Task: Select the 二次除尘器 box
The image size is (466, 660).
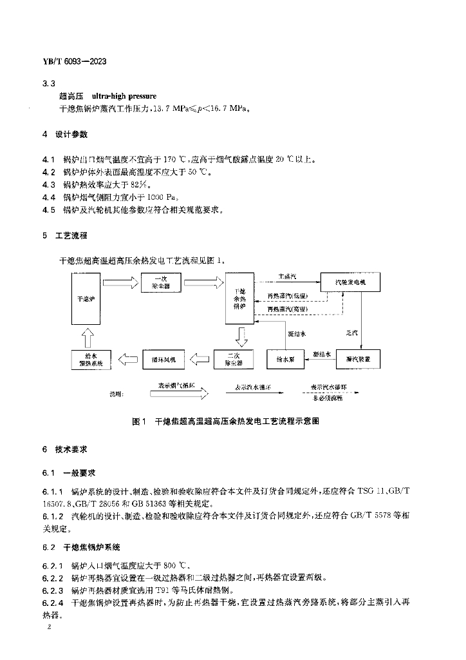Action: (232, 358)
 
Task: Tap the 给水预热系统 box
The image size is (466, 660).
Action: (90, 358)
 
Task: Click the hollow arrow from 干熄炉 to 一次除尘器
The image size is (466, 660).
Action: (120, 282)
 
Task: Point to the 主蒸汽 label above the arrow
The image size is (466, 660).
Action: (287, 276)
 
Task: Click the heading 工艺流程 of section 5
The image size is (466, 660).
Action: (74, 236)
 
